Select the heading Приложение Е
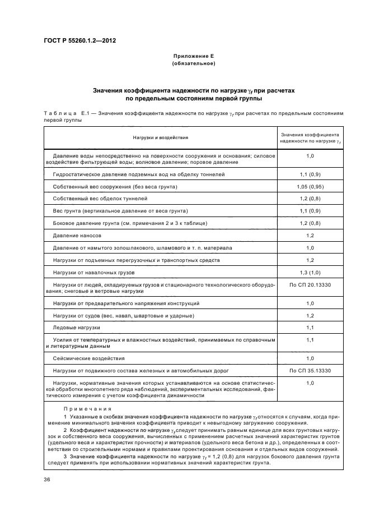pos(193,57)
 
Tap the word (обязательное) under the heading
pos(193,63)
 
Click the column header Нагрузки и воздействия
pos(161,137)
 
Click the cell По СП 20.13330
pos(310,285)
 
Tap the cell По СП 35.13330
pos(310,371)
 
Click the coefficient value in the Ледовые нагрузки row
pos(310,328)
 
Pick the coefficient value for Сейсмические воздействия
pos(310,358)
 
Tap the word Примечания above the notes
pos(87,409)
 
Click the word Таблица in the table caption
pos(60,113)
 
